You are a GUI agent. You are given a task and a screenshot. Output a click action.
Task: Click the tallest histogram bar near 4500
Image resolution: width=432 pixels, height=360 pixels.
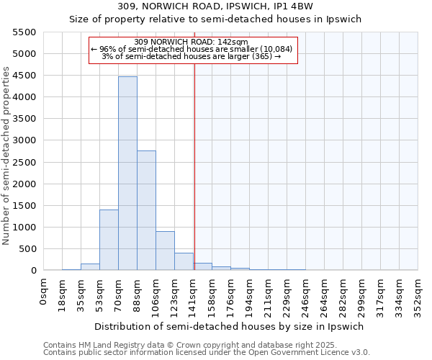tap(127, 173)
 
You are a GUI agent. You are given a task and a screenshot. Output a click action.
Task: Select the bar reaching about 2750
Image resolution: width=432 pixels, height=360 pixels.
tap(146, 210)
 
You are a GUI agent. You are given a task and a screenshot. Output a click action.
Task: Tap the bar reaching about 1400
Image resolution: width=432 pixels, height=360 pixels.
tap(109, 240)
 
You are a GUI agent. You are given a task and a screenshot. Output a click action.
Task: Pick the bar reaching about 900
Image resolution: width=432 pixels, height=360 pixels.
tap(165, 251)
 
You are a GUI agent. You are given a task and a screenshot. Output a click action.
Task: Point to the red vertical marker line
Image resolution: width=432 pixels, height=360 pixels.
tap(194, 166)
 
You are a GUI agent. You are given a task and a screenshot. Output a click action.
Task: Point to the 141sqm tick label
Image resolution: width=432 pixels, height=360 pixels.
tap(194, 293)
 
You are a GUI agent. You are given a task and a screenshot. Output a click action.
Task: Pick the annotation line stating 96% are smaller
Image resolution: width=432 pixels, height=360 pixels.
tap(192, 49)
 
